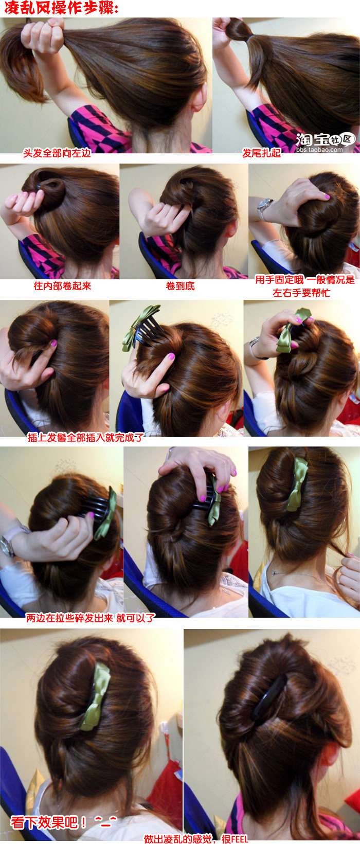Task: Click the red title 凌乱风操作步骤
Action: click(61, 8)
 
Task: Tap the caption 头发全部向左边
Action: click(57, 153)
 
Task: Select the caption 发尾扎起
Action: click(261, 153)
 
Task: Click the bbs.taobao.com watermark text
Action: click(319, 150)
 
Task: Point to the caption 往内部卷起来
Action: click(63, 285)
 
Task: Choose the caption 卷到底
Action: click(180, 285)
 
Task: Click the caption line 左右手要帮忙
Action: click(301, 293)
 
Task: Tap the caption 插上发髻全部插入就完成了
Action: click(85, 437)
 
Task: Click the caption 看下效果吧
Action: click(48, 822)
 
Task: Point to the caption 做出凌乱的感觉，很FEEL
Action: click(196, 839)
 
